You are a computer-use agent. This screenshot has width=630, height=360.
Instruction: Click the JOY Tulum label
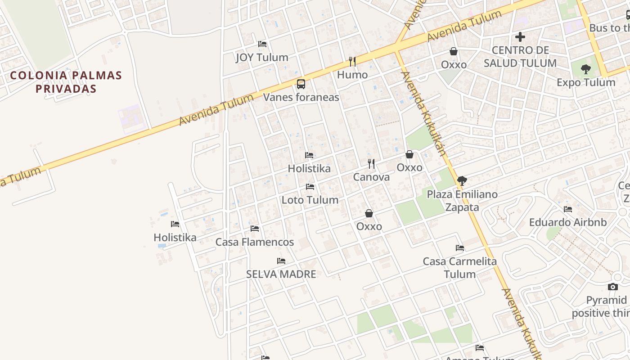pos(262,58)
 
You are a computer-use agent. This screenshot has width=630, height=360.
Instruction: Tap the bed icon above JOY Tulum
pos(262,44)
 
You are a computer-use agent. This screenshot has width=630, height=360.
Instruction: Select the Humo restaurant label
pos(352,75)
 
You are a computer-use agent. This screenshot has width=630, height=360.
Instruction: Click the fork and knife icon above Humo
pos(352,61)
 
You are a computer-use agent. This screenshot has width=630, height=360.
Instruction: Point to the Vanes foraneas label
pos(301,97)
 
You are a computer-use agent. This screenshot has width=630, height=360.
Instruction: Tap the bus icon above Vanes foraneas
pos(301,84)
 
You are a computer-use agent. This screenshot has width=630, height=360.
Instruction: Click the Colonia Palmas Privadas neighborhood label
pos(66,82)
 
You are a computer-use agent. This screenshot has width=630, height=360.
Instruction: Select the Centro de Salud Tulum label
pos(520,57)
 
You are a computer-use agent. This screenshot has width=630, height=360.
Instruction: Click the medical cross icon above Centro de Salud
pos(520,36)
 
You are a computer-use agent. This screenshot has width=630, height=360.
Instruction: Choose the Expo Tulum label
pos(586,83)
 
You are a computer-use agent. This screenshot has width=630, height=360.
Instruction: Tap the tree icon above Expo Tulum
pos(585,69)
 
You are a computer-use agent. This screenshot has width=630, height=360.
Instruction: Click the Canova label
pos(371,177)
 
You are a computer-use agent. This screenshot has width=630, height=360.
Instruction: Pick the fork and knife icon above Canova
pos(371,163)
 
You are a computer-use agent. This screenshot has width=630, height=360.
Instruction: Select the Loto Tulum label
pos(310,200)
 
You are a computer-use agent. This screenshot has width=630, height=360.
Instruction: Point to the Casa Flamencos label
pos(255,242)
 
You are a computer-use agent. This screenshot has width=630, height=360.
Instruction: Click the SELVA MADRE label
pos(281,274)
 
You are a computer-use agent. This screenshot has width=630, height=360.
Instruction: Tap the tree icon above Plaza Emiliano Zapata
pos(462,181)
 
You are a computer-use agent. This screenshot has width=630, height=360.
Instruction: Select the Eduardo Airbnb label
pos(568,222)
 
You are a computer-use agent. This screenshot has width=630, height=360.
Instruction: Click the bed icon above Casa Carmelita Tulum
pos(460,248)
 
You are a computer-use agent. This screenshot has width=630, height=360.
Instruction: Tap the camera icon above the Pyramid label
pos(613,287)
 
